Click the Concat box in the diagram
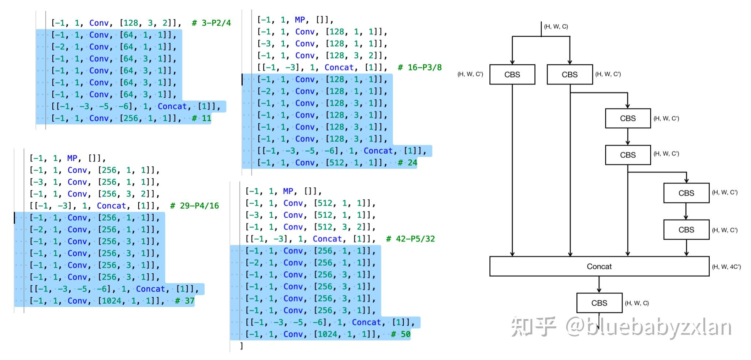pos(599,266)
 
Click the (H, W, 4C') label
pos(726,267)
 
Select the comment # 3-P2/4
pos(212,23)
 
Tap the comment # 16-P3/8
pos(420,68)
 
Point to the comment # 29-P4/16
pos(194,206)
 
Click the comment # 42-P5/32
pos(411,239)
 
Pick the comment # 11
pos(202,119)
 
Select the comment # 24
pos(408,163)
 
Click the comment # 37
pos(185,301)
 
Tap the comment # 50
pos(401,334)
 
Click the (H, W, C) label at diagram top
pos(556,27)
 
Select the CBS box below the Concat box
pos(599,303)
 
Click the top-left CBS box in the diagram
pos(512,75)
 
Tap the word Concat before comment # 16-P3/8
pos(339,68)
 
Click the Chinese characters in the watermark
pos(534,327)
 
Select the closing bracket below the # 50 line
pos(241,346)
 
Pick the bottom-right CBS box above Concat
pos(686,230)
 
